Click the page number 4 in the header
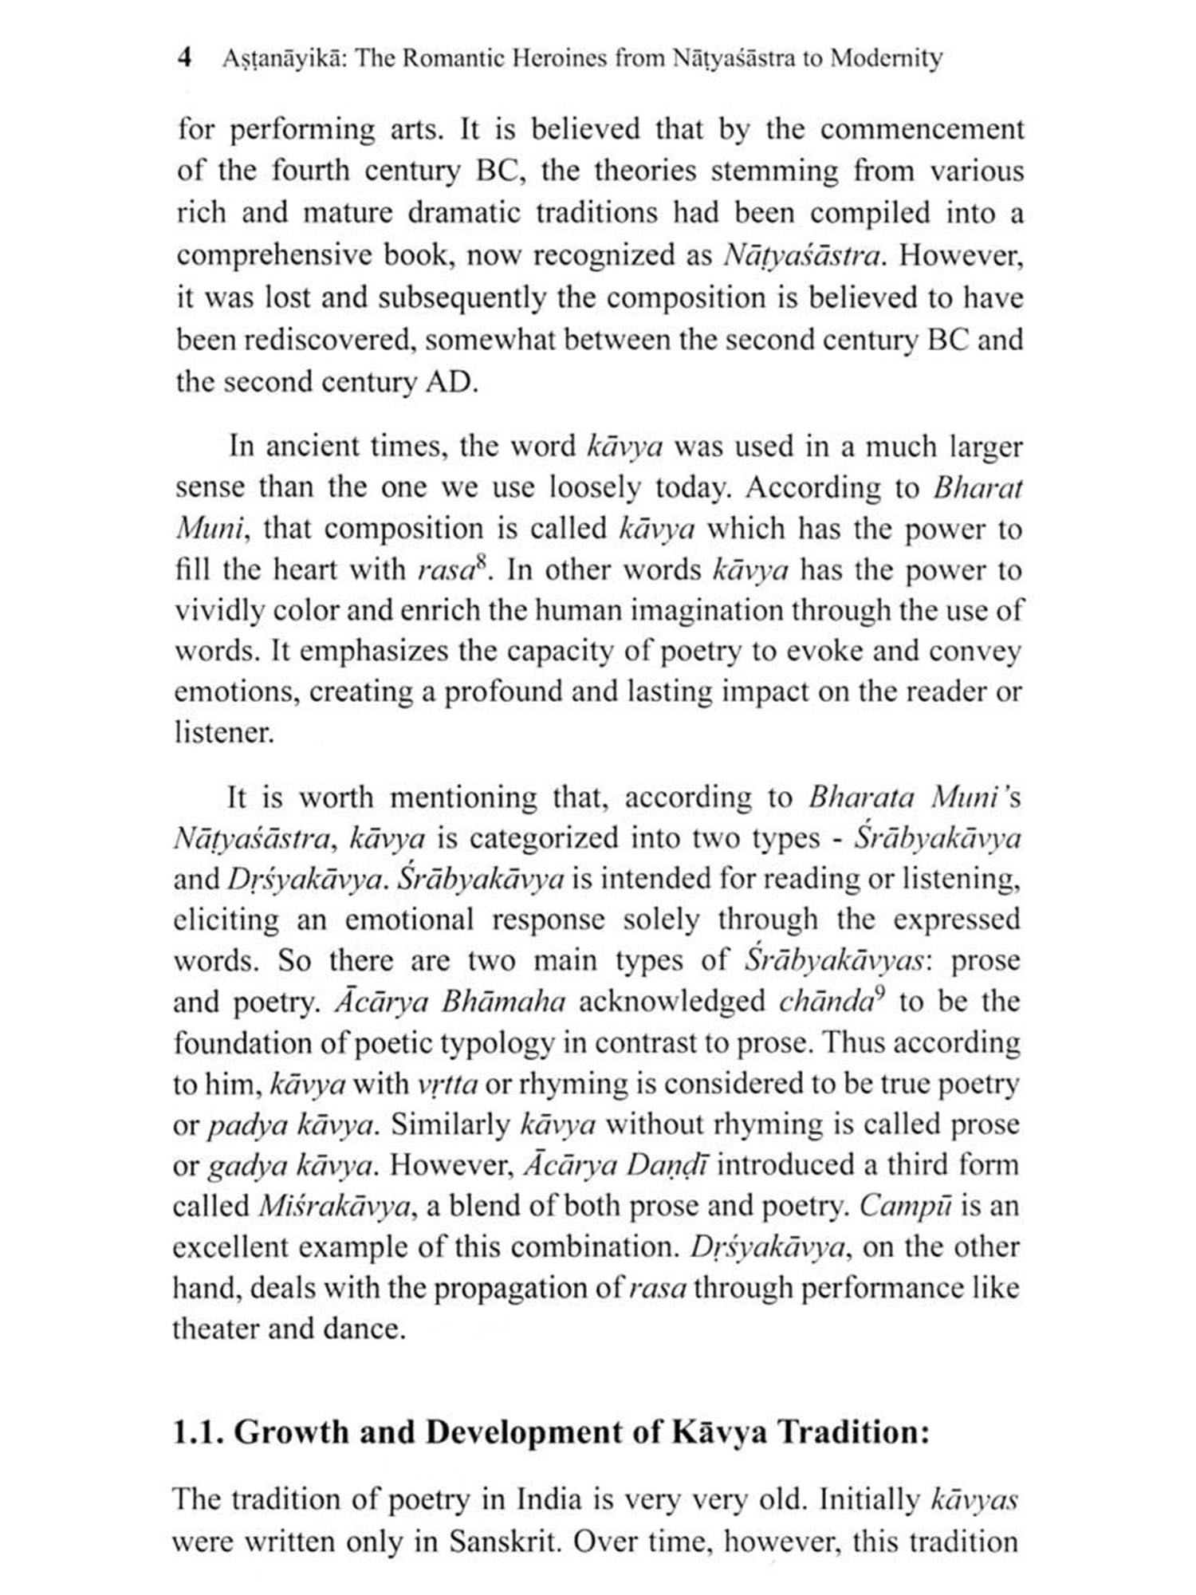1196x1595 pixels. coord(185,58)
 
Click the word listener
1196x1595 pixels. coord(223,733)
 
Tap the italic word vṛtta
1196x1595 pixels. coord(447,1085)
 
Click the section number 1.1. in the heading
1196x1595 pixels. coord(199,1433)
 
